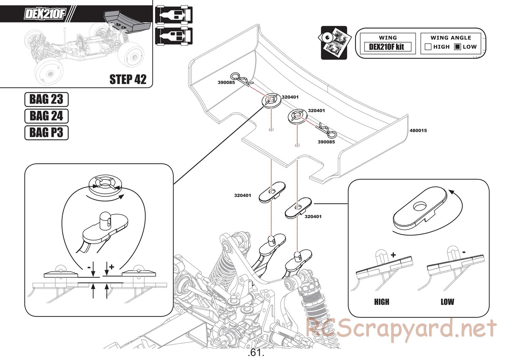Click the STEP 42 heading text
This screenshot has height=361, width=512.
128,79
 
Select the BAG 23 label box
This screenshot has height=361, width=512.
46,99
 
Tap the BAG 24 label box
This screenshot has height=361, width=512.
46,116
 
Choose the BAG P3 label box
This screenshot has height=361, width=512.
46,133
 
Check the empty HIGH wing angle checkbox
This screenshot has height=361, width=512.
428,47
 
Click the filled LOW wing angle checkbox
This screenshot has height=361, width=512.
458,47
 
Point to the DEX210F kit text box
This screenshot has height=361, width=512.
386,47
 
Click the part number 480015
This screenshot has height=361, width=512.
418,130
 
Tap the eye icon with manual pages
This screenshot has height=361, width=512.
334,43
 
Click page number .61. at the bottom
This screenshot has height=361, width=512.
256,352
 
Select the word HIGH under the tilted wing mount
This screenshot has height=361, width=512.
381,302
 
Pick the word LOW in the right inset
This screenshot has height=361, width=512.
447,302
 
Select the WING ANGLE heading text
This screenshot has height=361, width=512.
451,38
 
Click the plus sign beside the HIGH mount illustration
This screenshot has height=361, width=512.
393,255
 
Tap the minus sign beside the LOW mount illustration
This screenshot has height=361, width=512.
464,252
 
